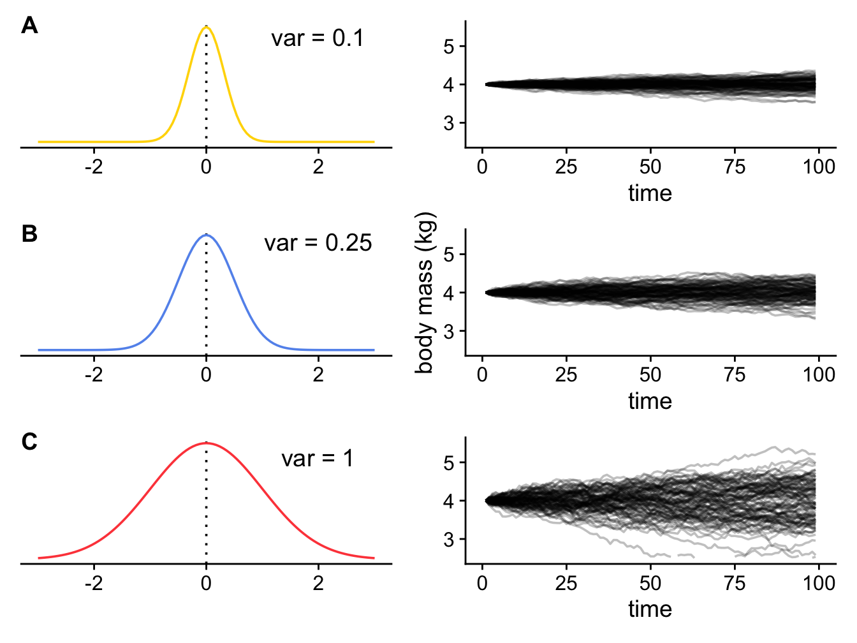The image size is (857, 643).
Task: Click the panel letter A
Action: (x=29, y=26)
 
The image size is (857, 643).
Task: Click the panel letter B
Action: (x=29, y=234)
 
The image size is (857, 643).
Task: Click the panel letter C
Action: (x=29, y=441)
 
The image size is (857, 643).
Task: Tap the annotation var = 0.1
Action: (x=317, y=38)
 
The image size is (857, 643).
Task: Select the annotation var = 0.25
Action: (x=318, y=243)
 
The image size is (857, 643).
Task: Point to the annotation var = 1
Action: (x=317, y=459)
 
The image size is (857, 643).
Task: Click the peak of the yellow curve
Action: (x=206, y=27)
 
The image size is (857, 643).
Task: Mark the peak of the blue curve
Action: (x=206, y=235)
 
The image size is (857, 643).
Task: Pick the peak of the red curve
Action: (x=206, y=443)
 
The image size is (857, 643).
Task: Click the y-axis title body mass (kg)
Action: (x=425, y=293)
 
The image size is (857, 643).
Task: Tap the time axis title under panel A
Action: (x=650, y=193)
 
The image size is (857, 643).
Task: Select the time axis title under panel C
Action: (x=650, y=609)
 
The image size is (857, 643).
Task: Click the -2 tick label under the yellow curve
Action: (x=94, y=167)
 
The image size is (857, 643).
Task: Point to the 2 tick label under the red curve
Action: (x=318, y=583)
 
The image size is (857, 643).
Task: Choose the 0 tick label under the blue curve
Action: (x=206, y=375)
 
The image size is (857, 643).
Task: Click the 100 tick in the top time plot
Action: (x=819, y=167)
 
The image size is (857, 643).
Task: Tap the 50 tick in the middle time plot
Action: (x=650, y=375)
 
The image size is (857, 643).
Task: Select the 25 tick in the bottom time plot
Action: (x=566, y=583)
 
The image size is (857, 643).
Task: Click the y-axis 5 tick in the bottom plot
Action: (x=449, y=462)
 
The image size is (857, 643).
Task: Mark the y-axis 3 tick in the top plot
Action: (x=449, y=122)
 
